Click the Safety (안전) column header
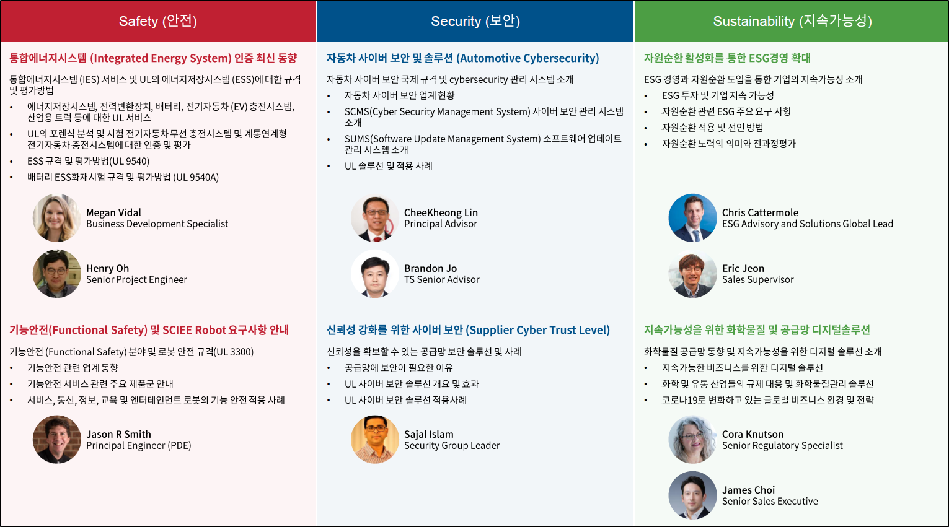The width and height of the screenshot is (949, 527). pos(158,21)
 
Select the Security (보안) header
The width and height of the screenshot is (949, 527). pos(475,21)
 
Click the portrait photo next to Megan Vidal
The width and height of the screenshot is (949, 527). pos(57,218)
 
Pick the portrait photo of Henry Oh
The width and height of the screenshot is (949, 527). pos(57,274)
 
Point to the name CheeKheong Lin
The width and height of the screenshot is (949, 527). pos(441,212)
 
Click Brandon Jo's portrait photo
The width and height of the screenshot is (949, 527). pos(375,274)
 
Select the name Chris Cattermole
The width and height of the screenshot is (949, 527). pos(760,212)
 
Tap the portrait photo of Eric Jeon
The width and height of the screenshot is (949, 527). pos(692,274)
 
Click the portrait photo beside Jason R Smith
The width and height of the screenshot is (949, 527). pos(57,440)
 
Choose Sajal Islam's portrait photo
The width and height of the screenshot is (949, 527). pos(375,440)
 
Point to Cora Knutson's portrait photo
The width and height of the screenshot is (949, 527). pos(692,440)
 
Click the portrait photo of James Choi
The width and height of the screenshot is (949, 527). pos(692,495)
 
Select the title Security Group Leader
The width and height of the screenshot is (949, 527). pos(452,445)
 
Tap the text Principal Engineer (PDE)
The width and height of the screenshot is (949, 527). pos(138,445)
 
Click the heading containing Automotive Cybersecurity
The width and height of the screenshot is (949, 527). pos(462,58)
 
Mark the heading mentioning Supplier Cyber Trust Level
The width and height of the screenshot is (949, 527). pos(468,330)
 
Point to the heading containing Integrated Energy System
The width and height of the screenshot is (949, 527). pos(153,58)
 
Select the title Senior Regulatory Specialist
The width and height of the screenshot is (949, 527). pos(782,445)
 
